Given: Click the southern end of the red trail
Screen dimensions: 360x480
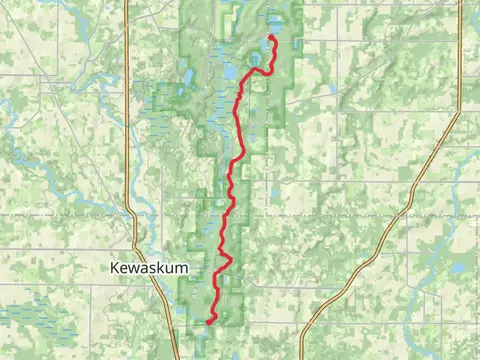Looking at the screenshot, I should pos(208,322).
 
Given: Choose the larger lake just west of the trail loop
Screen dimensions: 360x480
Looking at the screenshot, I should pos(229,71).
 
